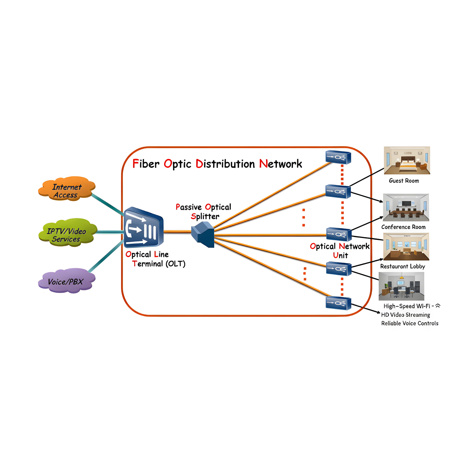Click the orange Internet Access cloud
pos(67,189)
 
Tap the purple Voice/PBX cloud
pos(67,281)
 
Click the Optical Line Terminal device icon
pos(143,228)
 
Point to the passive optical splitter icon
pos(203,234)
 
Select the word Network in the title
pos(281,164)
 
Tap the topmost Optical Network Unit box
pos(338,157)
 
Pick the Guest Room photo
pos(407,160)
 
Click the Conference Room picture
pos(406,207)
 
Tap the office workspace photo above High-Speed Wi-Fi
pos(402,286)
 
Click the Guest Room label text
pos(404,181)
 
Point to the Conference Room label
pos(403,227)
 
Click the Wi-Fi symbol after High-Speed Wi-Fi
pos(438,306)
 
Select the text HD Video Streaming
pos(405,315)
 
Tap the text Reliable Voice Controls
pos(409,323)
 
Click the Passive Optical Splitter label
pos(204,212)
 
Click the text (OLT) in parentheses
pos(175,263)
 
